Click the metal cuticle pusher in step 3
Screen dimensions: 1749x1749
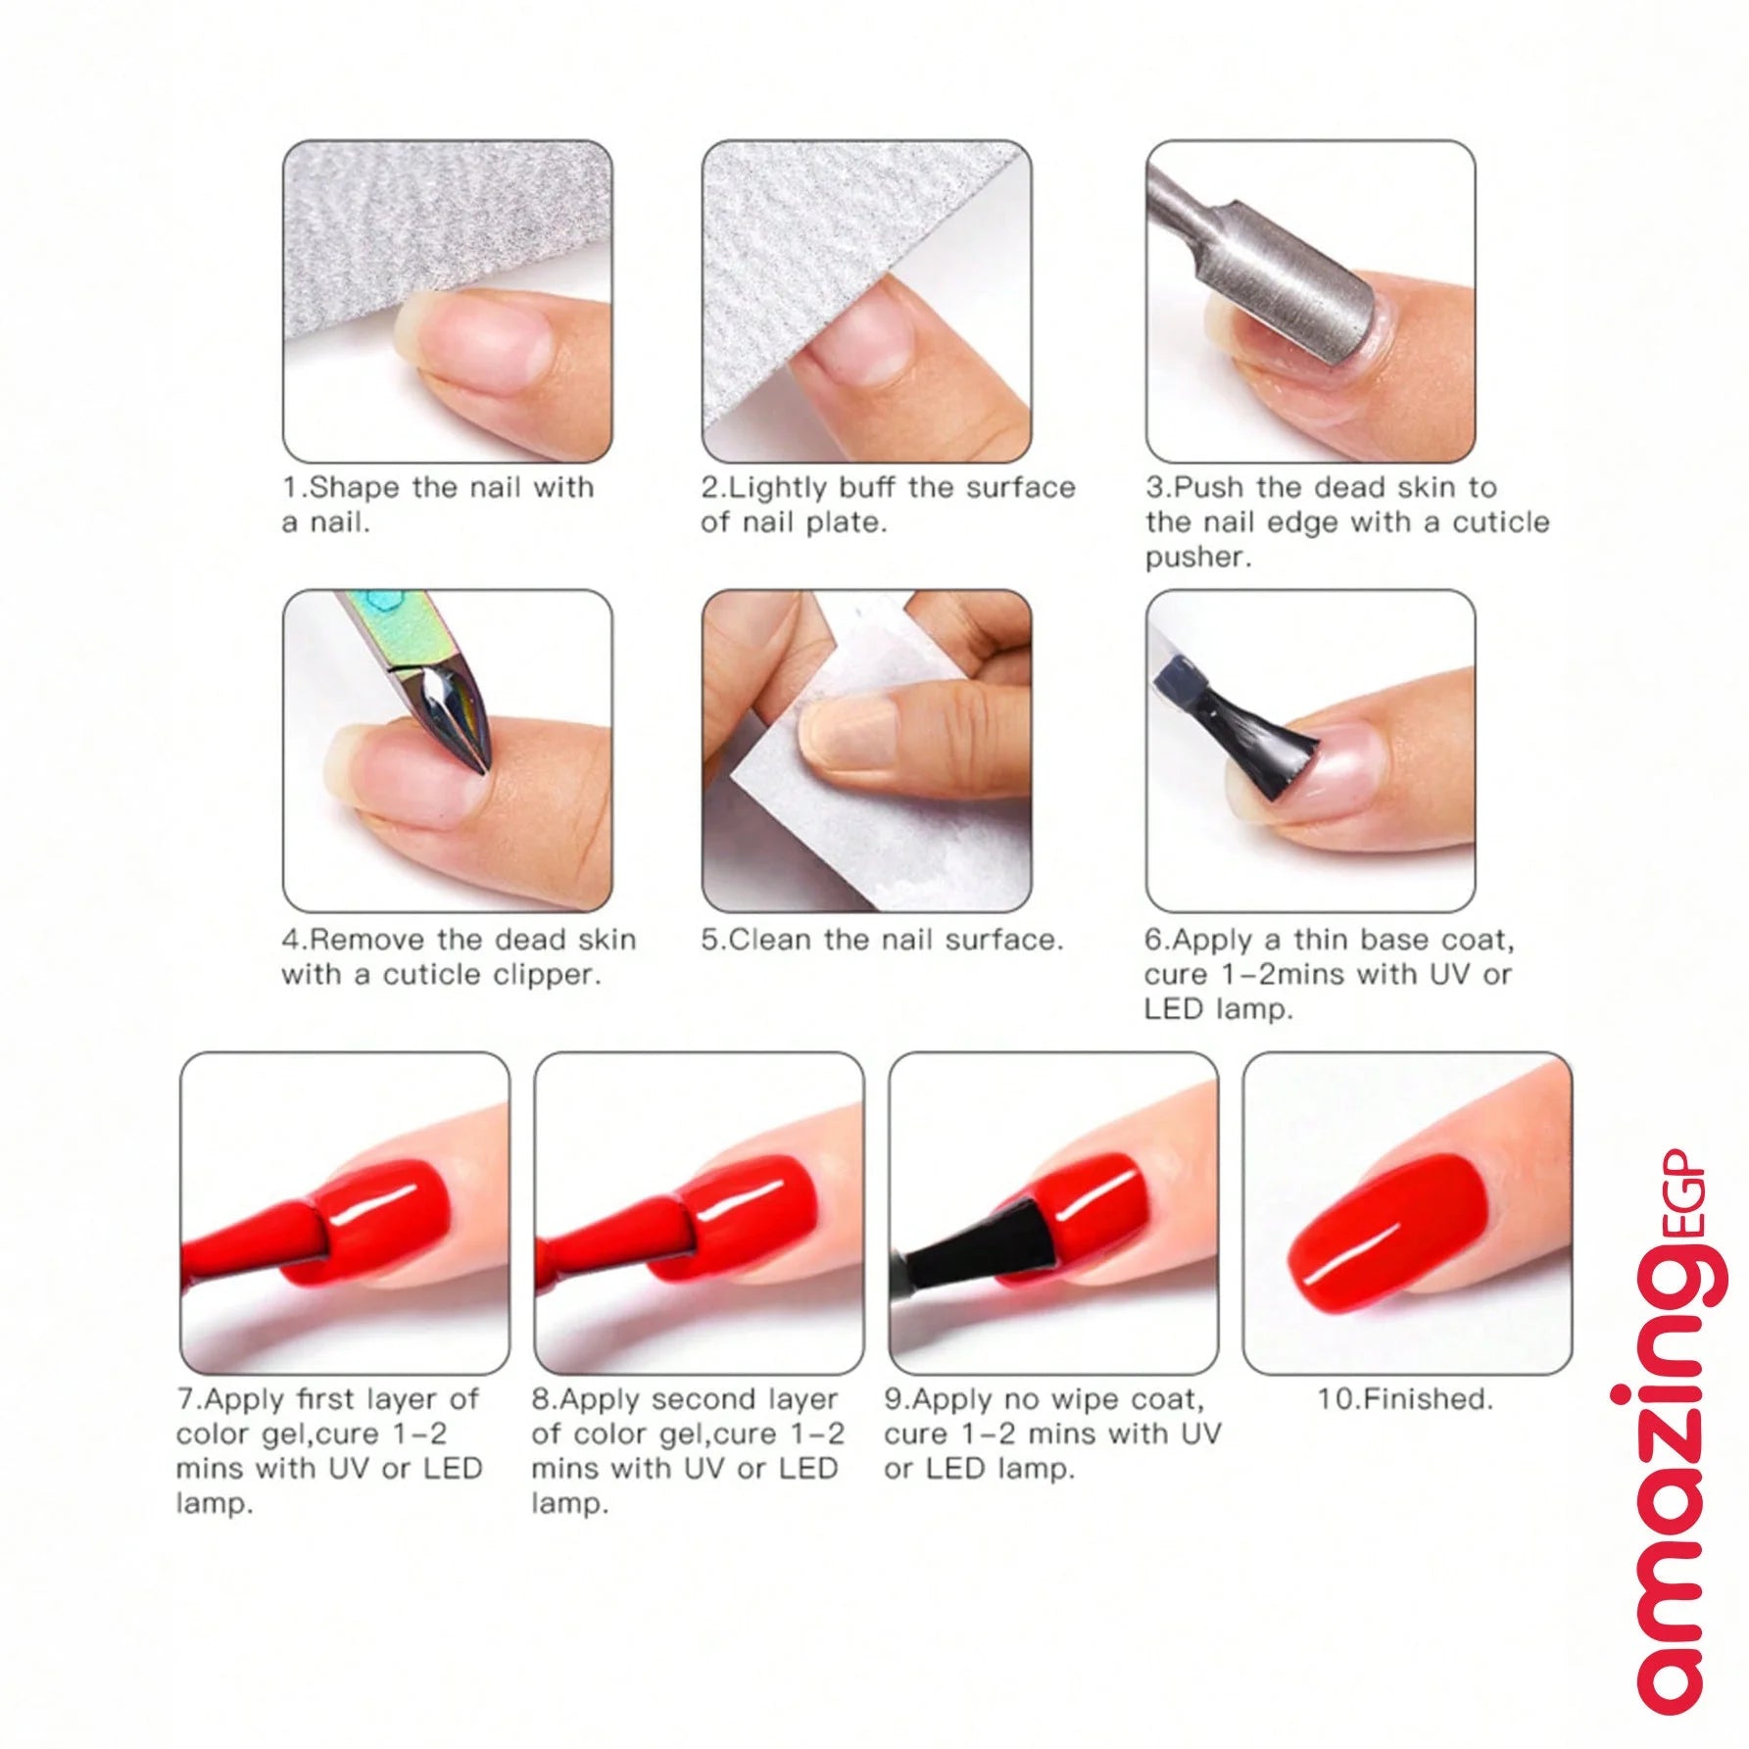coord(1293,265)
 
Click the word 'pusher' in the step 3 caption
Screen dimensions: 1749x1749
coord(1197,558)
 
